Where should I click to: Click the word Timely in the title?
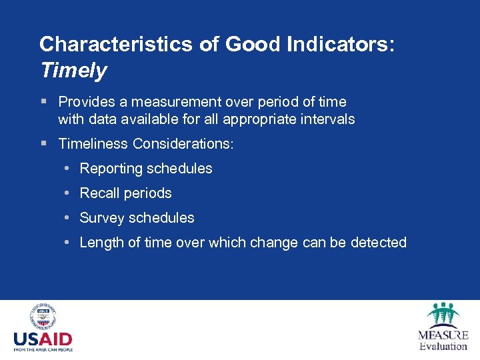tap(73, 70)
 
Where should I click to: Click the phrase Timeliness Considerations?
tap(146, 144)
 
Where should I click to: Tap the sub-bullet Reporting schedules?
tap(146, 169)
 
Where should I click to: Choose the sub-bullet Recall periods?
tap(125, 193)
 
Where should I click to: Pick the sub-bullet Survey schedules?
tap(137, 218)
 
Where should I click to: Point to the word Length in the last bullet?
tap(101, 243)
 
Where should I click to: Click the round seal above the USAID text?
tap(43, 317)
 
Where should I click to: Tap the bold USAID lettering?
tap(43, 339)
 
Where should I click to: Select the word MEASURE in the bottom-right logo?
tap(443, 335)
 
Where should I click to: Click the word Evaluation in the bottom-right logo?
tap(443, 346)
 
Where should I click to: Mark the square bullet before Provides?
tap(43, 102)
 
